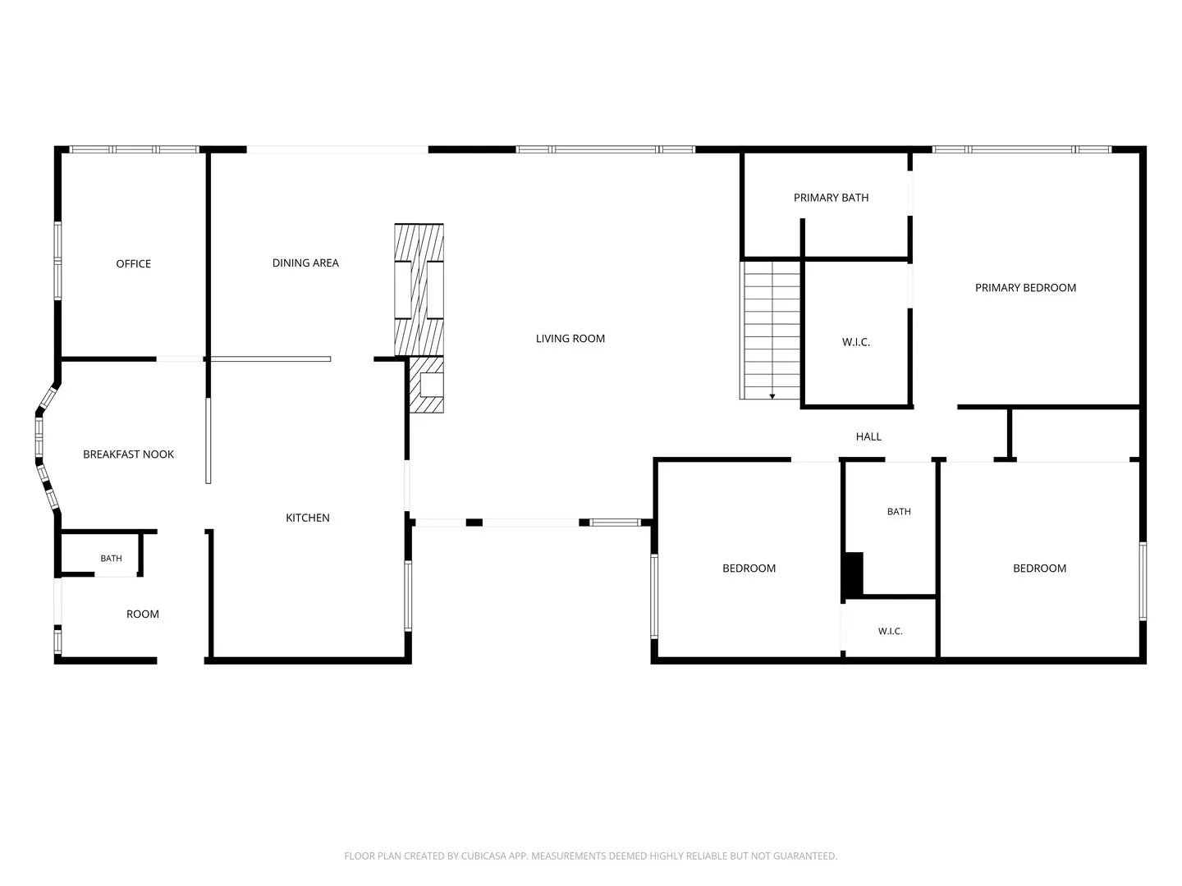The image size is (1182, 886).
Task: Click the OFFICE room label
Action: [133, 263]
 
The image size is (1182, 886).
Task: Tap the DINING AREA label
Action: [305, 263]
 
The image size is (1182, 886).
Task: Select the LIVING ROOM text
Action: [570, 338]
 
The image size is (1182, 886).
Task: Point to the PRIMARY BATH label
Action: [831, 198]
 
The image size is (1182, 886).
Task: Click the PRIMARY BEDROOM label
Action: [1024, 288]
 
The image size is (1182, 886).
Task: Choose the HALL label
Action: [868, 436]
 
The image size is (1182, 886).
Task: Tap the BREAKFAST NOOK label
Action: [128, 454]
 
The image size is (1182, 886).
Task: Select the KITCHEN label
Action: [308, 518]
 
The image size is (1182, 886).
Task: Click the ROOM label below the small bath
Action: [142, 614]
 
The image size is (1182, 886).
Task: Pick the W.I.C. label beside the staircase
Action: [855, 342]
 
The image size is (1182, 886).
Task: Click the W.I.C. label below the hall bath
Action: [890, 631]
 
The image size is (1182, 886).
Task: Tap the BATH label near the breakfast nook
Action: [111, 559]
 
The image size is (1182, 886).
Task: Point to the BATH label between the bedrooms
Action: [898, 512]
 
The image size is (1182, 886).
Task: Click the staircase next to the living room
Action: [769, 331]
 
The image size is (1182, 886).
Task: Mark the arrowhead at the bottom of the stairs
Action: [772, 396]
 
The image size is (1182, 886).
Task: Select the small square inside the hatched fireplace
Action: [431, 385]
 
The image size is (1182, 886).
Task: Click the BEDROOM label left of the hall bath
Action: [749, 568]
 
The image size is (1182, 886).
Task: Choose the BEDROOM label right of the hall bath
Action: [1038, 568]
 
